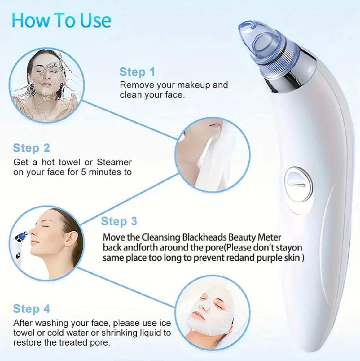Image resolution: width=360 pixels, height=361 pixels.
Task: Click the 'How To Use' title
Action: tap(61, 20)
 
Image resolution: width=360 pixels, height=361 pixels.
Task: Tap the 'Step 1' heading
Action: tap(137, 72)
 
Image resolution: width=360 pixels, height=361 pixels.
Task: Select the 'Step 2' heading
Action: tap(31, 148)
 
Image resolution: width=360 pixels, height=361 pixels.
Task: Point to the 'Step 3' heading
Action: tap(119, 221)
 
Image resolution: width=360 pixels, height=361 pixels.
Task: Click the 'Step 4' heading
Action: tap(31, 309)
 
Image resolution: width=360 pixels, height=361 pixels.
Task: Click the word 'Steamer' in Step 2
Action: tap(114, 162)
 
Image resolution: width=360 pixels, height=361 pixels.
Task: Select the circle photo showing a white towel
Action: tap(213, 153)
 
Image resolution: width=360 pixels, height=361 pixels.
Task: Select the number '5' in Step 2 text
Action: tap(83, 172)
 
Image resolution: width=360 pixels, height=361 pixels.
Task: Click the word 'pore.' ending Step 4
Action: tap(100, 343)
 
